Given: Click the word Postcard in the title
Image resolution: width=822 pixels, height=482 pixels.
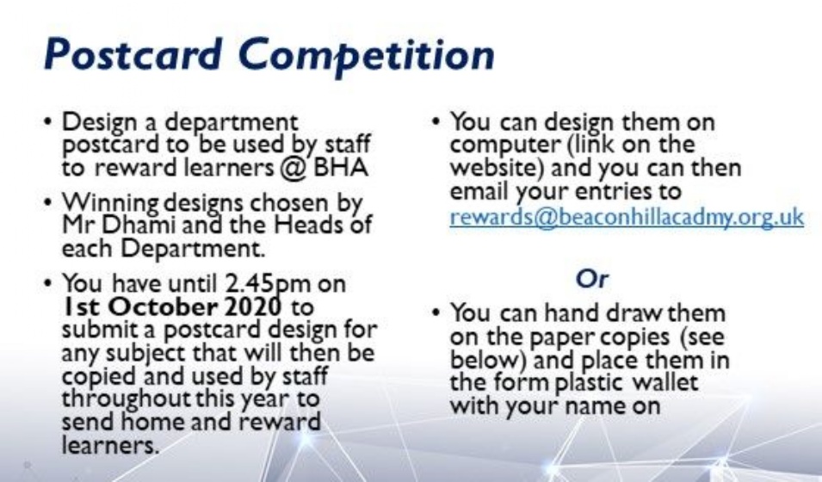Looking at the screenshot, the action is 133,54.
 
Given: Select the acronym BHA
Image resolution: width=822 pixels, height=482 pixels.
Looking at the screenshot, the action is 341,167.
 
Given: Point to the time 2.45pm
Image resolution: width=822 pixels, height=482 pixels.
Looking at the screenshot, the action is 268,285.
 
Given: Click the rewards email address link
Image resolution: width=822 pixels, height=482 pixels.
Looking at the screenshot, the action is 627,217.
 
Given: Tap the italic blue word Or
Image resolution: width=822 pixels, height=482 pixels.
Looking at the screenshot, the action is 592,279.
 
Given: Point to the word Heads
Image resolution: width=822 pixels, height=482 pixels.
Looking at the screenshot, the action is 306,225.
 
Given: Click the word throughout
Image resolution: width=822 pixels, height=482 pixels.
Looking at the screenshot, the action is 127,399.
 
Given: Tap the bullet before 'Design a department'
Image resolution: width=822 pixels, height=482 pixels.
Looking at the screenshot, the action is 48,121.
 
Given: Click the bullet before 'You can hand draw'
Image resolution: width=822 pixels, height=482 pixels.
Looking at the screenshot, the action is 436,312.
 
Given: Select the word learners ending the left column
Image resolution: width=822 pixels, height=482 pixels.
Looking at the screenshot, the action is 109,446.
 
